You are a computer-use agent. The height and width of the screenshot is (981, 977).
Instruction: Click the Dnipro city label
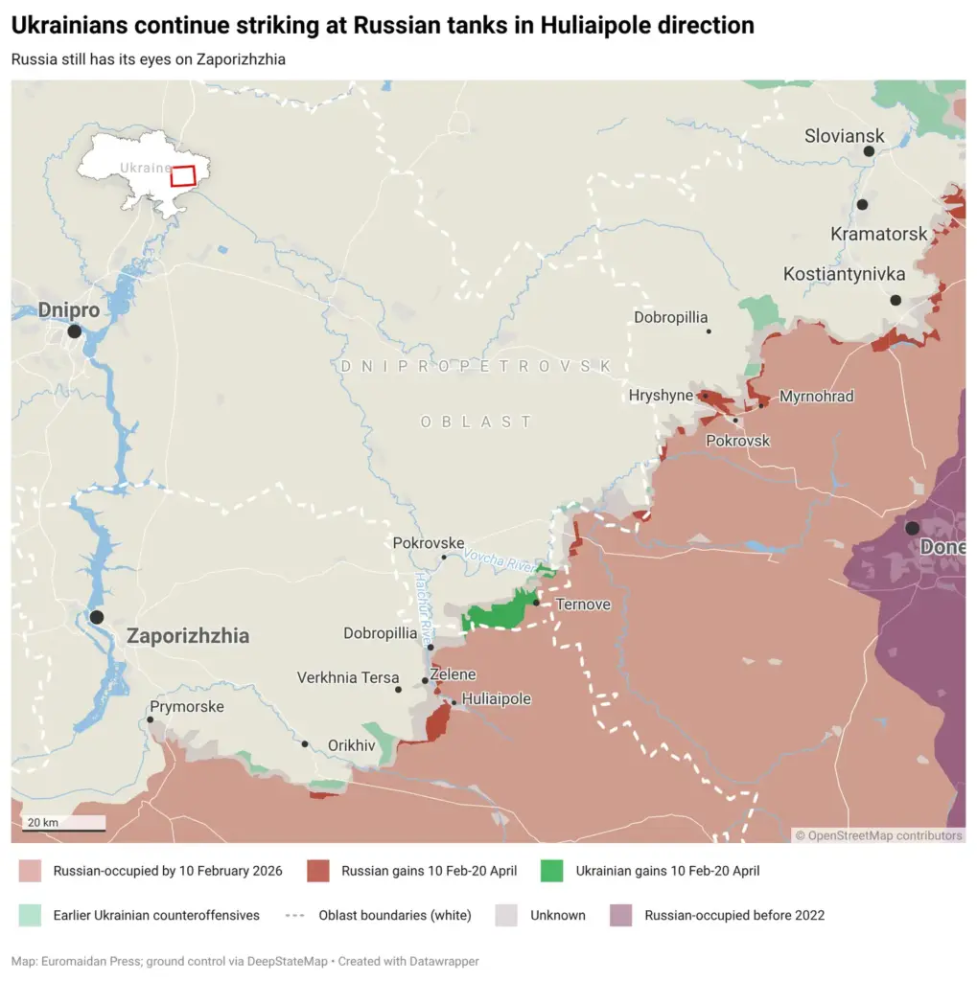[x=68, y=310]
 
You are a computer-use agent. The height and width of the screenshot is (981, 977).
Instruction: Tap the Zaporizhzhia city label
[x=188, y=636]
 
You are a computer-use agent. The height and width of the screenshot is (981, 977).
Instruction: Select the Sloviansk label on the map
[x=844, y=136]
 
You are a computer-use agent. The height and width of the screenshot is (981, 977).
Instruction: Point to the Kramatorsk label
[x=878, y=234]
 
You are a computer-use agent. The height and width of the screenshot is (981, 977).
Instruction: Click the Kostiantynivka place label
[x=844, y=275]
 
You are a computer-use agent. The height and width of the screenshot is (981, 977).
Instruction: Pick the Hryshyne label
[x=661, y=396]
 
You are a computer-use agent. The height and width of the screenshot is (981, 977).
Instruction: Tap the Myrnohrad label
[x=816, y=397]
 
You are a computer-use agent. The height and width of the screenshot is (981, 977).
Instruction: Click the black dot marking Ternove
[x=536, y=603]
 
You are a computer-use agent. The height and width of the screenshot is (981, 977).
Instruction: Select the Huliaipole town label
[x=496, y=699]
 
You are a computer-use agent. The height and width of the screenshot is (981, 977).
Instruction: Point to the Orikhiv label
[x=351, y=744]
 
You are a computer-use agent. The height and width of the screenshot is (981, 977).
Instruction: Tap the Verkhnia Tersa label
[x=347, y=677]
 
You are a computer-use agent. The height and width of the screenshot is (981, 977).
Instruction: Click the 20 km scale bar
[x=64, y=823]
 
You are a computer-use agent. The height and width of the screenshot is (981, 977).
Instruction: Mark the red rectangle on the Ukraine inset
[x=183, y=175]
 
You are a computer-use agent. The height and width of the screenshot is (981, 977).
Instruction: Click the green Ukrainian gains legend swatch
[x=551, y=871]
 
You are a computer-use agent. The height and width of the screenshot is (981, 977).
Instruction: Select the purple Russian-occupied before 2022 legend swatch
[x=620, y=915]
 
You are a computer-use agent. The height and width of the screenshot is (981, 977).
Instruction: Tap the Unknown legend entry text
[x=557, y=915]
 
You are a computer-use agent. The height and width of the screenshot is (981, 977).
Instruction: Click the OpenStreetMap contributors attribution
[x=879, y=835]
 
